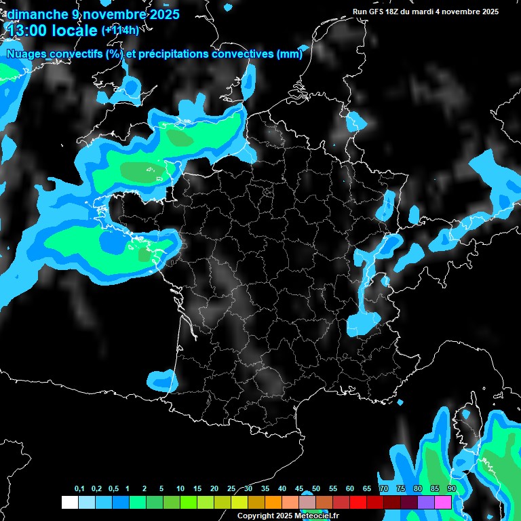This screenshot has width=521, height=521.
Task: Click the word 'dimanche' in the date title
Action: (34, 14)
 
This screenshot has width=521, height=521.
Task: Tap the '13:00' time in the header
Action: (26, 30)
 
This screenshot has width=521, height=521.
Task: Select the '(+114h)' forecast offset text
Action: (120, 30)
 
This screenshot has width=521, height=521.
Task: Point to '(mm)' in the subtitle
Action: (290, 54)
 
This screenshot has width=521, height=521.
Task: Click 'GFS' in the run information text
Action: (376, 12)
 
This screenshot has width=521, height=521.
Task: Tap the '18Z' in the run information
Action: (394, 12)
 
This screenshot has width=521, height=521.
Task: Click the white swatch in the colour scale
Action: (69, 502)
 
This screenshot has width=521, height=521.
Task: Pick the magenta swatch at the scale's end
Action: (443, 502)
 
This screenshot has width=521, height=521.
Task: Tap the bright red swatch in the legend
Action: (358, 502)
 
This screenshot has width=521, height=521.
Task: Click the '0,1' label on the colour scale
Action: (79, 489)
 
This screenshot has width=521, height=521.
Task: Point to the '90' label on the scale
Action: (451, 489)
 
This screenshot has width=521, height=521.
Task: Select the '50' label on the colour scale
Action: (316, 489)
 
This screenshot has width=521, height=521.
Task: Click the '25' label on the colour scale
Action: (231, 489)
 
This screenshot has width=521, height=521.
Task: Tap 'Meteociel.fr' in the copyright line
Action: (317, 516)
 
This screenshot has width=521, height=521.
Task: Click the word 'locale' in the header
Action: (73, 30)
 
